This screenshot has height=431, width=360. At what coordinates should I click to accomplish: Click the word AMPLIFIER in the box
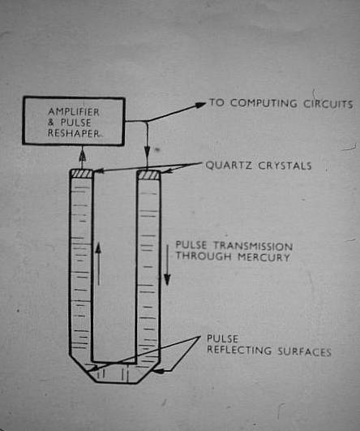(x=74, y=112)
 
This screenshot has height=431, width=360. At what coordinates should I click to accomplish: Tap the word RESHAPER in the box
(x=74, y=133)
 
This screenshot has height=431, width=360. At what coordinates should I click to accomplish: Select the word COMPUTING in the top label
(x=264, y=103)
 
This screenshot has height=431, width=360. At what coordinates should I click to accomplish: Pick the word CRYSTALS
(x=285, y=166)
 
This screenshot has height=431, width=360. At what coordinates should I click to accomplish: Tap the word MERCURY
(x=264, y=257)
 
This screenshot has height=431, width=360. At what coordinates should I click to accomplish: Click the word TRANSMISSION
(x=253, y=245)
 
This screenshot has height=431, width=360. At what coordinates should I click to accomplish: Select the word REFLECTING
(x=239, y=351)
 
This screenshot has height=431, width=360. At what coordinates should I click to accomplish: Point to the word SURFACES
(x=304, y=351)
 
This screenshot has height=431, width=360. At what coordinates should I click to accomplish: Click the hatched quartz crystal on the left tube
(x=81, y=174)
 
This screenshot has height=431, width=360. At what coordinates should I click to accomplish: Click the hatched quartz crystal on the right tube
(x=148, y=175)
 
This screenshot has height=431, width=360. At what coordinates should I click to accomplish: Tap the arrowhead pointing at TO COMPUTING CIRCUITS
(x=200, y=105)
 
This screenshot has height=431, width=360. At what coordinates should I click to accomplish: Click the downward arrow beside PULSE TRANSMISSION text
(x=167, y=265)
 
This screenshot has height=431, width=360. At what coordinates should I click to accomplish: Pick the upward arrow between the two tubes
(x=98, y=264)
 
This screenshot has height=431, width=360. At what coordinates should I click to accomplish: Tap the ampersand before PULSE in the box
(x=51, y=123)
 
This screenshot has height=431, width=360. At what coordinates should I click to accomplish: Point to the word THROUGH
(x=204, y=256)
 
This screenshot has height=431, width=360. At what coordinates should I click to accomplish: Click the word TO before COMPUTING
(x=217, y=102)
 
